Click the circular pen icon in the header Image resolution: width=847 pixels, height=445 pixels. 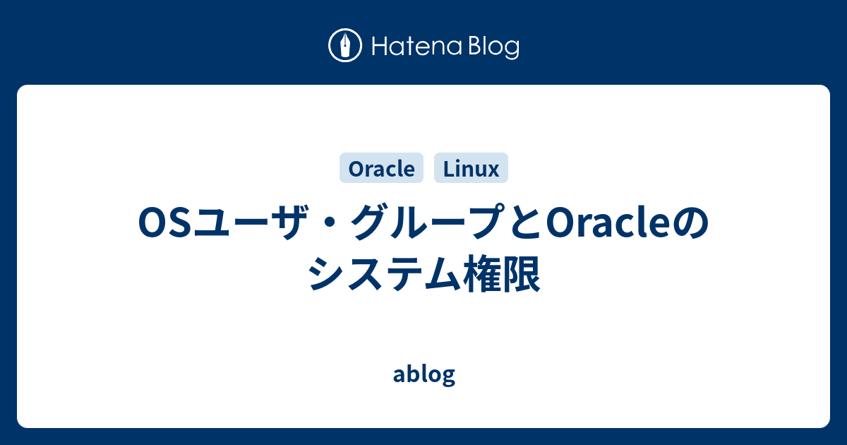[x=345, y=47]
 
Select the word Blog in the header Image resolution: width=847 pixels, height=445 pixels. [x=491, y=47]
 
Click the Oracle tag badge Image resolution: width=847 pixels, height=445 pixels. [x=381, y=169]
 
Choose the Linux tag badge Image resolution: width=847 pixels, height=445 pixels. [x=471, y=169]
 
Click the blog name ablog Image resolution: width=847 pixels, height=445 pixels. [x=423, y=375]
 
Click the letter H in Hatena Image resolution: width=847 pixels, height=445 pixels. [x=379, y=47]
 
